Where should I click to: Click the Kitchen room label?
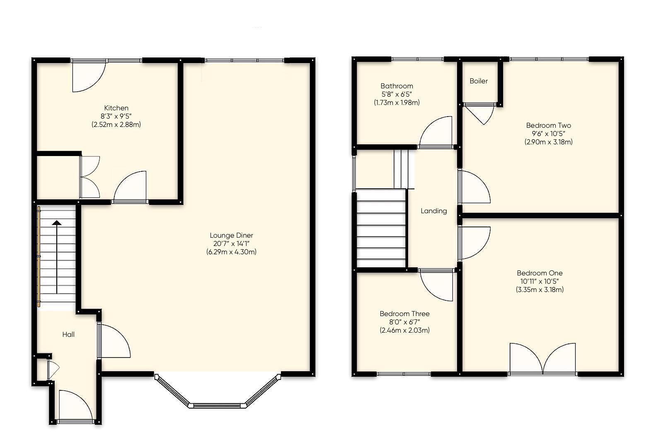(116, 108)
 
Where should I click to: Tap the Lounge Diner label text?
(231, 235)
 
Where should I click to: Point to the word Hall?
(68, 334)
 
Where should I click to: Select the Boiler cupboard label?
(479, 81)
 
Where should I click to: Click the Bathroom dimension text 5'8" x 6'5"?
(397, 94)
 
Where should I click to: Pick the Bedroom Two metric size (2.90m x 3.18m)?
(548, 142)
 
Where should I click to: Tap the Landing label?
(433, 211)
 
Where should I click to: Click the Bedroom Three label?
(404, 314)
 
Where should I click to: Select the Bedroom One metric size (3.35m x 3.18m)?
(540, 290)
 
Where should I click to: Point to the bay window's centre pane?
(217, 405)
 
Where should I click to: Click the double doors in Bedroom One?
(542, 359)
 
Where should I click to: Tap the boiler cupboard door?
(481, 112)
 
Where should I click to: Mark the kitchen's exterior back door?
(88, 76)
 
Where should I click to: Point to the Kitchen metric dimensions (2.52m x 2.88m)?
(116, 124)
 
